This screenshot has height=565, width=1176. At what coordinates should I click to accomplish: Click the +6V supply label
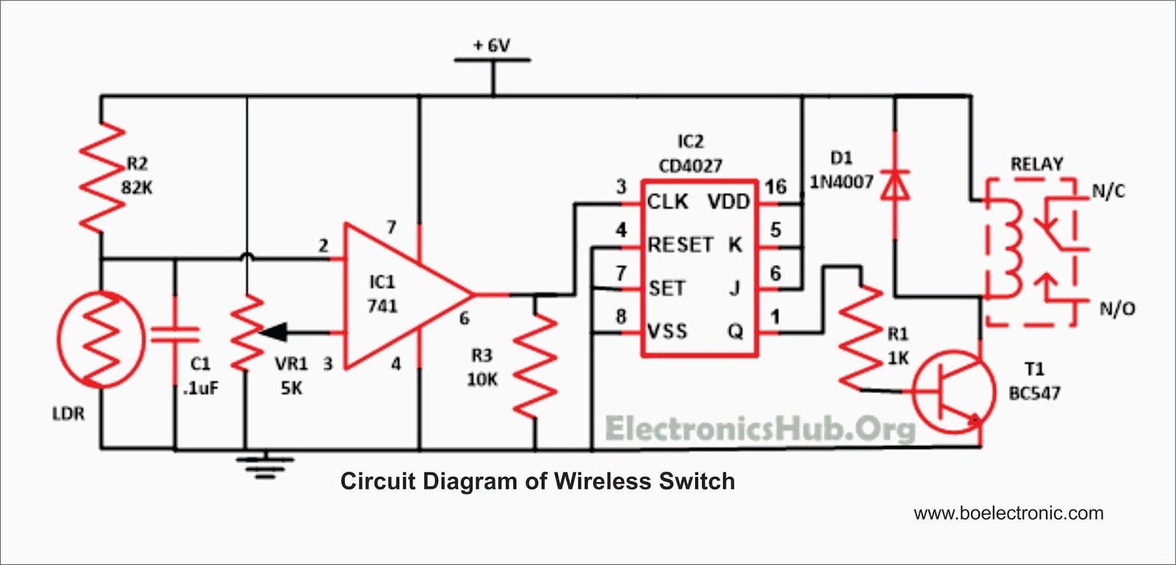492,46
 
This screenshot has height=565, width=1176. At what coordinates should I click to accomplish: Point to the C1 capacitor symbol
175,335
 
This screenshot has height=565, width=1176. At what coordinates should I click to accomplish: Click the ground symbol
265,466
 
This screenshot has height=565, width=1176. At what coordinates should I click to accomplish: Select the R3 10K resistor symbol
536,366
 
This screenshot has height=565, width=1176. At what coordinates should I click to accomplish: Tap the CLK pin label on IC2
667,201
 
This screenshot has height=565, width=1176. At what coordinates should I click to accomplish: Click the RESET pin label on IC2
681,245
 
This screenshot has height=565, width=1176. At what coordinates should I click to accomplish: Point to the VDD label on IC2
728,201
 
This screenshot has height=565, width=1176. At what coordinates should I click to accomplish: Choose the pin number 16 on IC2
775,187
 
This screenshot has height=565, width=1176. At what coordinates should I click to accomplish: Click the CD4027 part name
690,166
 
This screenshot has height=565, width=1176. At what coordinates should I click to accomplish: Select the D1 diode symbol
895,185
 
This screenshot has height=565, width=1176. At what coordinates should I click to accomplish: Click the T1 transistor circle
953,392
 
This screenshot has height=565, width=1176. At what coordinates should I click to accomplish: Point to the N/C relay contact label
1108,192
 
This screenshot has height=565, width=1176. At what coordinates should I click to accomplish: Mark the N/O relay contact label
1117,309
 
